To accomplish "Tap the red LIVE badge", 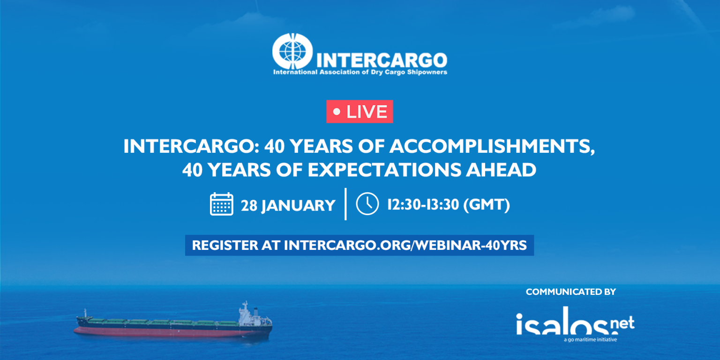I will click(x=360, y=112).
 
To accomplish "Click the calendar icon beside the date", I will click(x=222, y=204).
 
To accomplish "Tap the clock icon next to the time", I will click(x=367, y=204).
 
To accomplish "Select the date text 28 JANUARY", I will click(x=288, y=205).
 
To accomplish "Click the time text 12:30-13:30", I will click(x=423, y=205).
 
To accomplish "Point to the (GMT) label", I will click(x=486, y=205).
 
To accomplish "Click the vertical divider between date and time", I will click(x=345, y=204).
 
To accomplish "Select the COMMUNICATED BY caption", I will click(x=570, y=292).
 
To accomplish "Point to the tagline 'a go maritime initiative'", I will click(x=590, y=340).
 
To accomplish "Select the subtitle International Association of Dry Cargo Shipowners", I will click(x=360, y=72).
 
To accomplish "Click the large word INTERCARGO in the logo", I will click(x=382, y=60).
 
